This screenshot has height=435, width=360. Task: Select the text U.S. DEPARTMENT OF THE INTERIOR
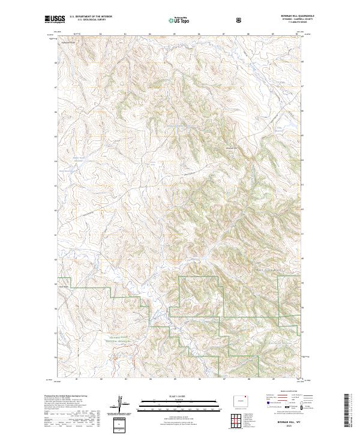point(88,17)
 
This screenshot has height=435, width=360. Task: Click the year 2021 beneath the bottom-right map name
point(289,426)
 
